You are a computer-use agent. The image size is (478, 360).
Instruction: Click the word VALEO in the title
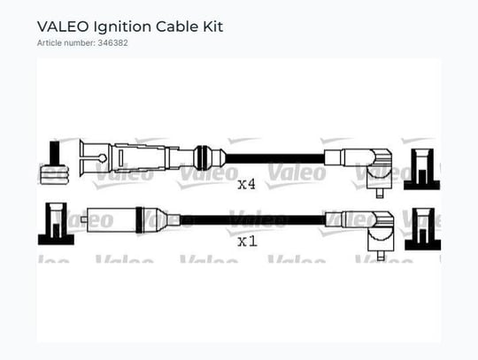coord(63,27)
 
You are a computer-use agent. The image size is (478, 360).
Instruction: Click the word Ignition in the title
coord(122,27)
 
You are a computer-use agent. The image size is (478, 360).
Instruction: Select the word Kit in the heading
coord(213,27)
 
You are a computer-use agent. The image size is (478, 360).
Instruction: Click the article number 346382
coord(112,43)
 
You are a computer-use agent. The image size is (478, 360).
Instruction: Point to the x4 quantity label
coord(247,184)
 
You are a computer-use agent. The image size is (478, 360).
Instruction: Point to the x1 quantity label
coord(247,241)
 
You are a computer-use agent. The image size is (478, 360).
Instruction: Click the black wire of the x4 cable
coord(274,158)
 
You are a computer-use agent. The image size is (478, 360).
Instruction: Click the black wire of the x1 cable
coord(252,220)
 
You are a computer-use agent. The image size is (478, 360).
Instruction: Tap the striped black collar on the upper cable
coord(203,158)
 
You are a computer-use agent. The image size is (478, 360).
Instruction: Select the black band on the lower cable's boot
coord(139,220)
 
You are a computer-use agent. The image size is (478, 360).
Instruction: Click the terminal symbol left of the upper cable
coord(55,163)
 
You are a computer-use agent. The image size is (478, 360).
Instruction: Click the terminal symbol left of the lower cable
coord(56,224)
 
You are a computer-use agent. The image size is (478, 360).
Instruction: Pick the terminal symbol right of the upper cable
coord(422,169)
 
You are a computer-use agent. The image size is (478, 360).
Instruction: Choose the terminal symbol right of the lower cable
coord(422,229)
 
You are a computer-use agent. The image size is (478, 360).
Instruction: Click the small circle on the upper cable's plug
coord(103,158)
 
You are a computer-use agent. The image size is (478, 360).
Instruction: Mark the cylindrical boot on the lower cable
coord(112,220)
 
